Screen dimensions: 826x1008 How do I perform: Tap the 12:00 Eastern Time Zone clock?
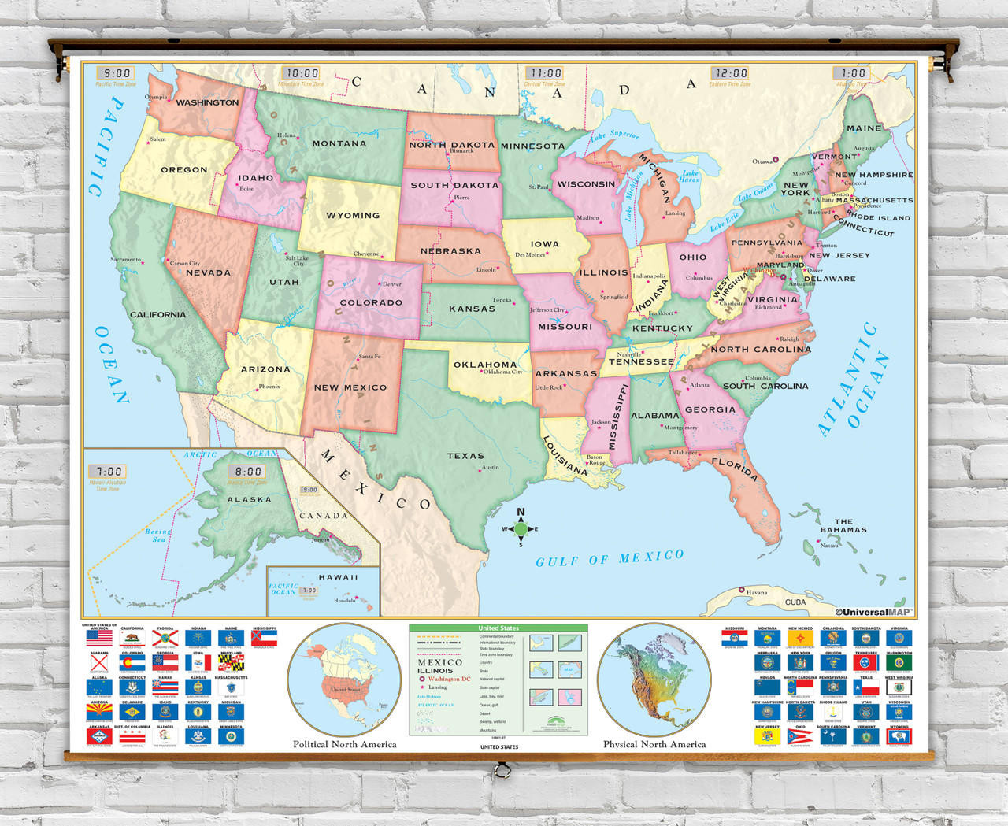730,73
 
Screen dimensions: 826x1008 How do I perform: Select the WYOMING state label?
353,215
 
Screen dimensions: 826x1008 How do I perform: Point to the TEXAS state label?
465,455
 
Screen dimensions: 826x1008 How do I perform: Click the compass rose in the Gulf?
521,528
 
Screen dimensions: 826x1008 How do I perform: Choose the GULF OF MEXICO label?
610,558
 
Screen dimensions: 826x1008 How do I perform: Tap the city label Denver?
391,284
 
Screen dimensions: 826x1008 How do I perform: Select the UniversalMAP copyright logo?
873,612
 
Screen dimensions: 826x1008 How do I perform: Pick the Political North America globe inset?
344,680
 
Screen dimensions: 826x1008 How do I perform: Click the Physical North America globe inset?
654,680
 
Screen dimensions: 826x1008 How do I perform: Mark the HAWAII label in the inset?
338,577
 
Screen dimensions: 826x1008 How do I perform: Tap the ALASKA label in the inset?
249,499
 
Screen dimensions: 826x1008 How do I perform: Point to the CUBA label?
795,602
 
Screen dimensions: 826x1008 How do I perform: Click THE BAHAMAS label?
843,525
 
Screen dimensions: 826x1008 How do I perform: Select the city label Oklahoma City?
502,372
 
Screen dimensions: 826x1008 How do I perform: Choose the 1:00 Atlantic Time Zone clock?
853,73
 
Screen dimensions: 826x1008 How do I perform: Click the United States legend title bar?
498,628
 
